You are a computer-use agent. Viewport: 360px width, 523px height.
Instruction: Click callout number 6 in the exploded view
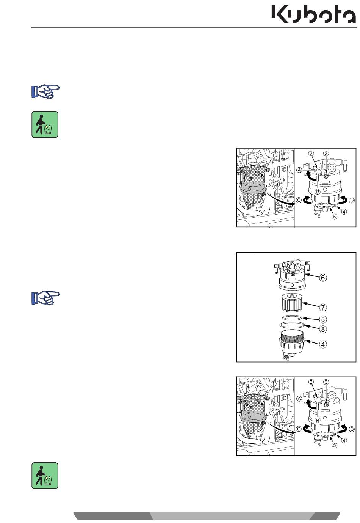tap(322, 278)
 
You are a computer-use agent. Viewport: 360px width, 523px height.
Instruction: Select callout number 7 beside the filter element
tap(322, 308)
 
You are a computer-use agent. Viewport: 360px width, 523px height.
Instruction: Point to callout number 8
tap(322, 330)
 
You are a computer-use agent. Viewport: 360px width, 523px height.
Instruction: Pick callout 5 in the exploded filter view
tap(322, 319)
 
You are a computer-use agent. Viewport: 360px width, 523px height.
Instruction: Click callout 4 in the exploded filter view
tap(322, 344)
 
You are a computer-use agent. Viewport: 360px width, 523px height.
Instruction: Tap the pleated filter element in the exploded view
tap(292, 302)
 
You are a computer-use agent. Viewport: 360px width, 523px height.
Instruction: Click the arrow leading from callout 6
tap(312, 276)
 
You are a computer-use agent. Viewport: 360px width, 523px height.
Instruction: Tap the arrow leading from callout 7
tap(310, 305)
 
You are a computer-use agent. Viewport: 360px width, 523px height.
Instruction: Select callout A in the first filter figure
tap(299, 170)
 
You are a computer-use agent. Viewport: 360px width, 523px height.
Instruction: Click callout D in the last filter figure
tap(352, 429)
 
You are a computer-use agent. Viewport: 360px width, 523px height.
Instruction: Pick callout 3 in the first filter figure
tap(326, 153)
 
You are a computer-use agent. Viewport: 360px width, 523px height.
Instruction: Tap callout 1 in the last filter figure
tap(273, 384)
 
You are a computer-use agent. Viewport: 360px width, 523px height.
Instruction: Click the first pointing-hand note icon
tap(45, 91)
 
